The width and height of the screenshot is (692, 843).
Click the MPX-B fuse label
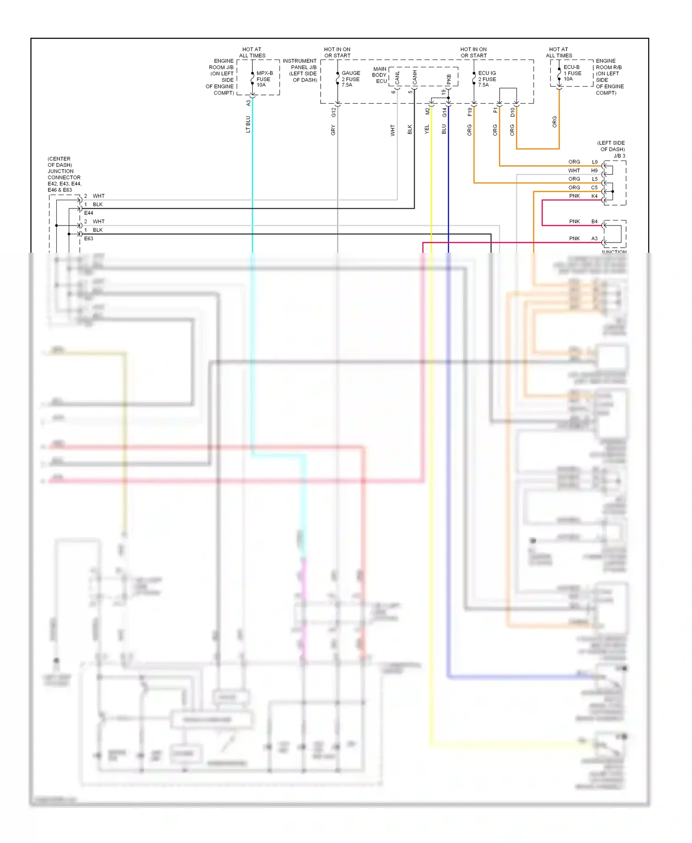click(264, 79)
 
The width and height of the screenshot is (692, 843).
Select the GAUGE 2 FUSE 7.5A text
click(351, 79)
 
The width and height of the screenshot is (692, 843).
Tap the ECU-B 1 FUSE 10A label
click(572, 73)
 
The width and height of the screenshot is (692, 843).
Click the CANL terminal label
click(398, 77)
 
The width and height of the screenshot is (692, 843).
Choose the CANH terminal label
click(415, 77)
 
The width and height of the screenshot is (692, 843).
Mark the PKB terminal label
click(449, 79)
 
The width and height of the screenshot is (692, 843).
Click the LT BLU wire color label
click(248, 125)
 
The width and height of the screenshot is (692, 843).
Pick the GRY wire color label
click(333, 130)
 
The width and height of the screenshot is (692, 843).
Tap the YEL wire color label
click(427, 130)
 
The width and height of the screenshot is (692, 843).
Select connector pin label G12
click(334, 112)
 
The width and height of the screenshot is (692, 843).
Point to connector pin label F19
click(470, 112)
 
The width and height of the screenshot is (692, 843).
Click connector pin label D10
click(512, 112)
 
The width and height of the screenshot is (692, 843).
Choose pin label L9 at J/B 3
click(595, 162)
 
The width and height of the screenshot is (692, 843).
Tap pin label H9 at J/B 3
click(594, 171)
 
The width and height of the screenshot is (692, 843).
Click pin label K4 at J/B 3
click(594, 196)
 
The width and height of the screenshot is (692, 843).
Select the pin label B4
click(594, 221)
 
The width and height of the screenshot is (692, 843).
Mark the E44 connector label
click(89, 213)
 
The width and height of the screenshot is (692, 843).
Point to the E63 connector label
click(89, 238)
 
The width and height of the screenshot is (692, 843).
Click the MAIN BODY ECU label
click(380, 75)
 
